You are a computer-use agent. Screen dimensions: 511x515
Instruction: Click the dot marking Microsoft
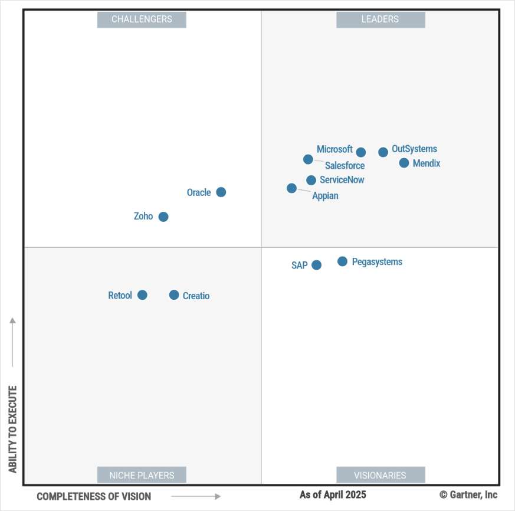(361, 152)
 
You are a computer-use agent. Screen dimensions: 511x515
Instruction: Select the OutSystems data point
(383, 152)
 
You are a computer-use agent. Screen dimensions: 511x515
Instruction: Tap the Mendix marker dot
(404, 163)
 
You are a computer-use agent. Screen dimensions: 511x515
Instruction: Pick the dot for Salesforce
(308, 159)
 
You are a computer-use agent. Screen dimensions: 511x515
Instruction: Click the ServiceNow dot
(311, 180)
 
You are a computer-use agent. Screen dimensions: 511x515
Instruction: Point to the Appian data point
(291, 188)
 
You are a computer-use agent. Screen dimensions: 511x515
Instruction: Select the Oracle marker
(221, 192)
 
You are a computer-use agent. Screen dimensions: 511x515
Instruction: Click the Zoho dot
(163, 217)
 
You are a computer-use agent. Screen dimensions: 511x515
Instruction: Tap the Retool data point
(142, 295)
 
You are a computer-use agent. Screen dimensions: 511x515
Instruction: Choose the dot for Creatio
(174, 295)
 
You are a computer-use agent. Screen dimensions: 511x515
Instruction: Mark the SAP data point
(317, 265)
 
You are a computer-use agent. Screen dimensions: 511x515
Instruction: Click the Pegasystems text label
(377, 261)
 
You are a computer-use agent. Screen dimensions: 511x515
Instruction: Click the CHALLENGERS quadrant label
(142, 19)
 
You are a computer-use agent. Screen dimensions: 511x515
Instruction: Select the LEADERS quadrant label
(380, 19)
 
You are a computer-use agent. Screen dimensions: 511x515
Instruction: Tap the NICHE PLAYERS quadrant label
(142, 475)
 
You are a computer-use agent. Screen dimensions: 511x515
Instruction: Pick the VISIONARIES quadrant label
(380, 475)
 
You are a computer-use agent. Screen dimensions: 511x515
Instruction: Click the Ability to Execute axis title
(13, 430)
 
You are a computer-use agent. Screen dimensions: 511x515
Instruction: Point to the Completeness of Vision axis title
(94, 496)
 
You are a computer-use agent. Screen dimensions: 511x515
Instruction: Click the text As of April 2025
(333, 494)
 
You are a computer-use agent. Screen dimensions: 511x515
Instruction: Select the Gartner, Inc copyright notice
(468, 494)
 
